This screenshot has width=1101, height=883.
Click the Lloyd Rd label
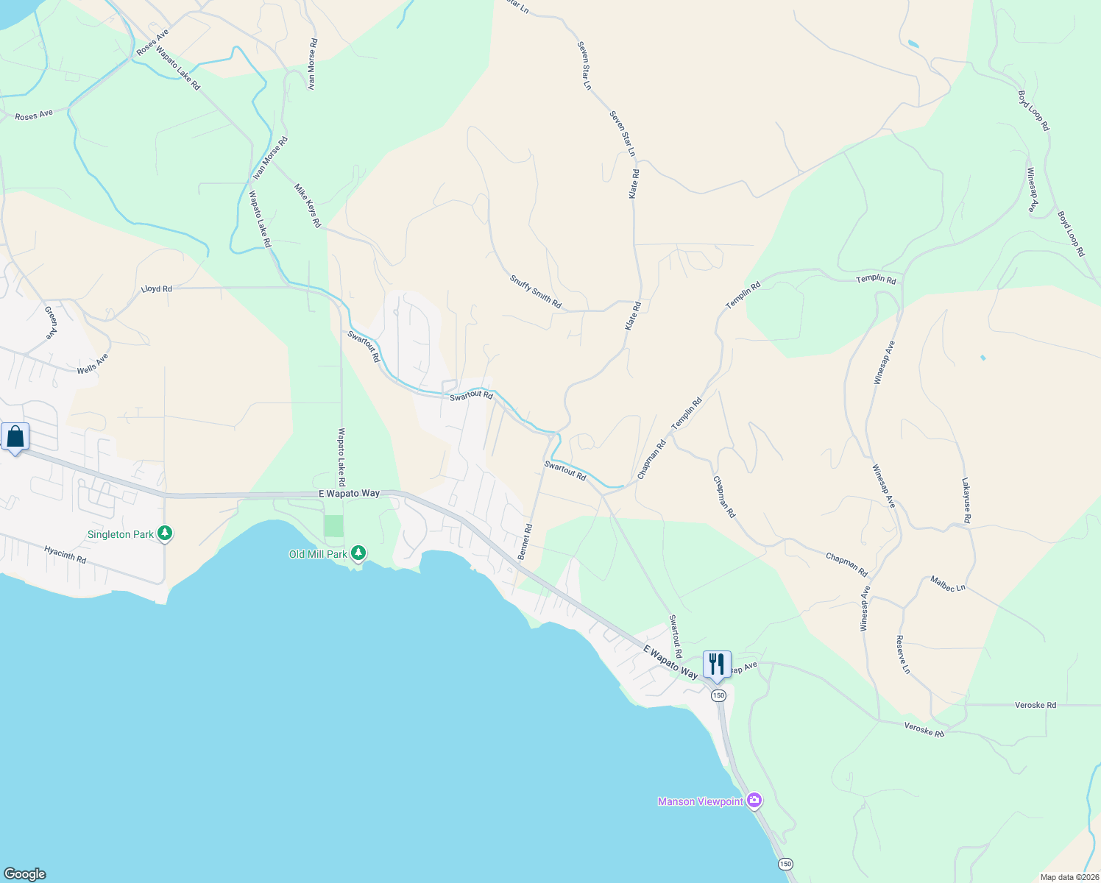pyautogui.click(x=157, y=289)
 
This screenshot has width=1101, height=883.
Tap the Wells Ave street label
pyautogui.click(x=93, y=364)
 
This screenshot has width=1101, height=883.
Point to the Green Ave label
pyautogui.click(x=51, y=322)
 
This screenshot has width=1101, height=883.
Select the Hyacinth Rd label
pyautogui.click(x=65, y=555)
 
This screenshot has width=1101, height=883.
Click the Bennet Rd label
pyautogui.click(x=525, y=542)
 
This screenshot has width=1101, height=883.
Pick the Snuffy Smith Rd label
pyautogui.click(x=535, y=291)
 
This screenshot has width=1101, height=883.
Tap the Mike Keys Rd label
pyautogui.click(x=308, y=205)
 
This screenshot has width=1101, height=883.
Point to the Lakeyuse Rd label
pyautogui.click(x=966, y=501)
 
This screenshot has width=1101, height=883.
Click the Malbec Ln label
pyautogui.click(x=948, y=584)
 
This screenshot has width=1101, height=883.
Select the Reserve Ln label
pyautogui.click(x=903, y=654)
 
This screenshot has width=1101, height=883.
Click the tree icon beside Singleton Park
pyautogui.click(x=166, y=533)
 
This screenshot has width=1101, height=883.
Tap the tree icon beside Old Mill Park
pyautogui.click(x=358, y=553)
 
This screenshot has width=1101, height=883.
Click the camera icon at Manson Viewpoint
pyautogui.click(x=754, y=801)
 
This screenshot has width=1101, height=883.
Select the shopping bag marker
pyautogui.click(x=15, y=438)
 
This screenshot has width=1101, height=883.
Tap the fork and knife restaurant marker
pyautogui.click(x=717, y=664)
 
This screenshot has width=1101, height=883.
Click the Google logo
pyautogui.click(x=25, y=874)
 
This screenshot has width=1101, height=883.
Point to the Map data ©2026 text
pyautogui.click(x=1069, y=877)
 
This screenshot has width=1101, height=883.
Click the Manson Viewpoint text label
pyautogui.click(x=700, y=801)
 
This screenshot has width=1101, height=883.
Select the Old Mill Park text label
pyautogui.click(x=318, y=554)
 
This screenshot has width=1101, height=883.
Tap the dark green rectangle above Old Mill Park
pyautogui.click(x=334, y=525)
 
